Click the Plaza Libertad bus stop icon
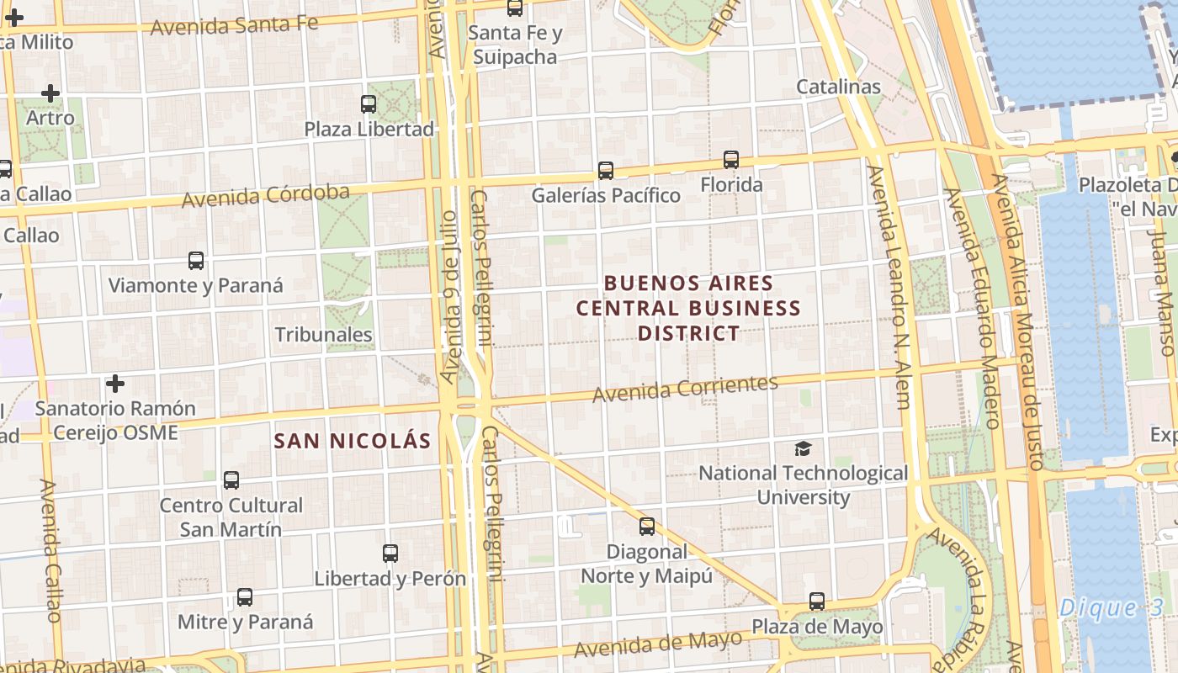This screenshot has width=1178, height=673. (x=369, y=104)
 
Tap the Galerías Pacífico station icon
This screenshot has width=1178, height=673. (x=605, y=171)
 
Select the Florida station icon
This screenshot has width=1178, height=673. (x=731, y=160)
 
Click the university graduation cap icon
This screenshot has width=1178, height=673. (x=804, y=449)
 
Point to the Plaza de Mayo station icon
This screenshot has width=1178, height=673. (x=817, y=601)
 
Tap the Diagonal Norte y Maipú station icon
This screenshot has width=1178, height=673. (x=646, y=527)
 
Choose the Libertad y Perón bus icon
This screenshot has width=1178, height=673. (x=390, y=554)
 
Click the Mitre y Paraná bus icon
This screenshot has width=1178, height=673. (x=245, y=597)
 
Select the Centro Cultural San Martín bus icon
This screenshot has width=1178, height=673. (x=231, y=480)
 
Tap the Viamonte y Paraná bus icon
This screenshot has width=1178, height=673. (x=196, y=261)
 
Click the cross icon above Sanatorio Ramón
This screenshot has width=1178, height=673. (x=115, y=384)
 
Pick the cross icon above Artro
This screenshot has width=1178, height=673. (x=50, y=93)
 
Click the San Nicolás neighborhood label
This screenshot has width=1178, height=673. (x=353, y=441)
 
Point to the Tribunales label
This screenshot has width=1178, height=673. (x=324, y=335)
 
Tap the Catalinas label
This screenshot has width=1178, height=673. (x=838, y=87)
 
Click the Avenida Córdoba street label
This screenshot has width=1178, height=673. (x=266, y=197)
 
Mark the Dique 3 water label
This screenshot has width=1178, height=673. (x=1100, y=608)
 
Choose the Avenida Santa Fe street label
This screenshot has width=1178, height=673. (x=235, y=25)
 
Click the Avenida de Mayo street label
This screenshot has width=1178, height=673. (x=658, y=644)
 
